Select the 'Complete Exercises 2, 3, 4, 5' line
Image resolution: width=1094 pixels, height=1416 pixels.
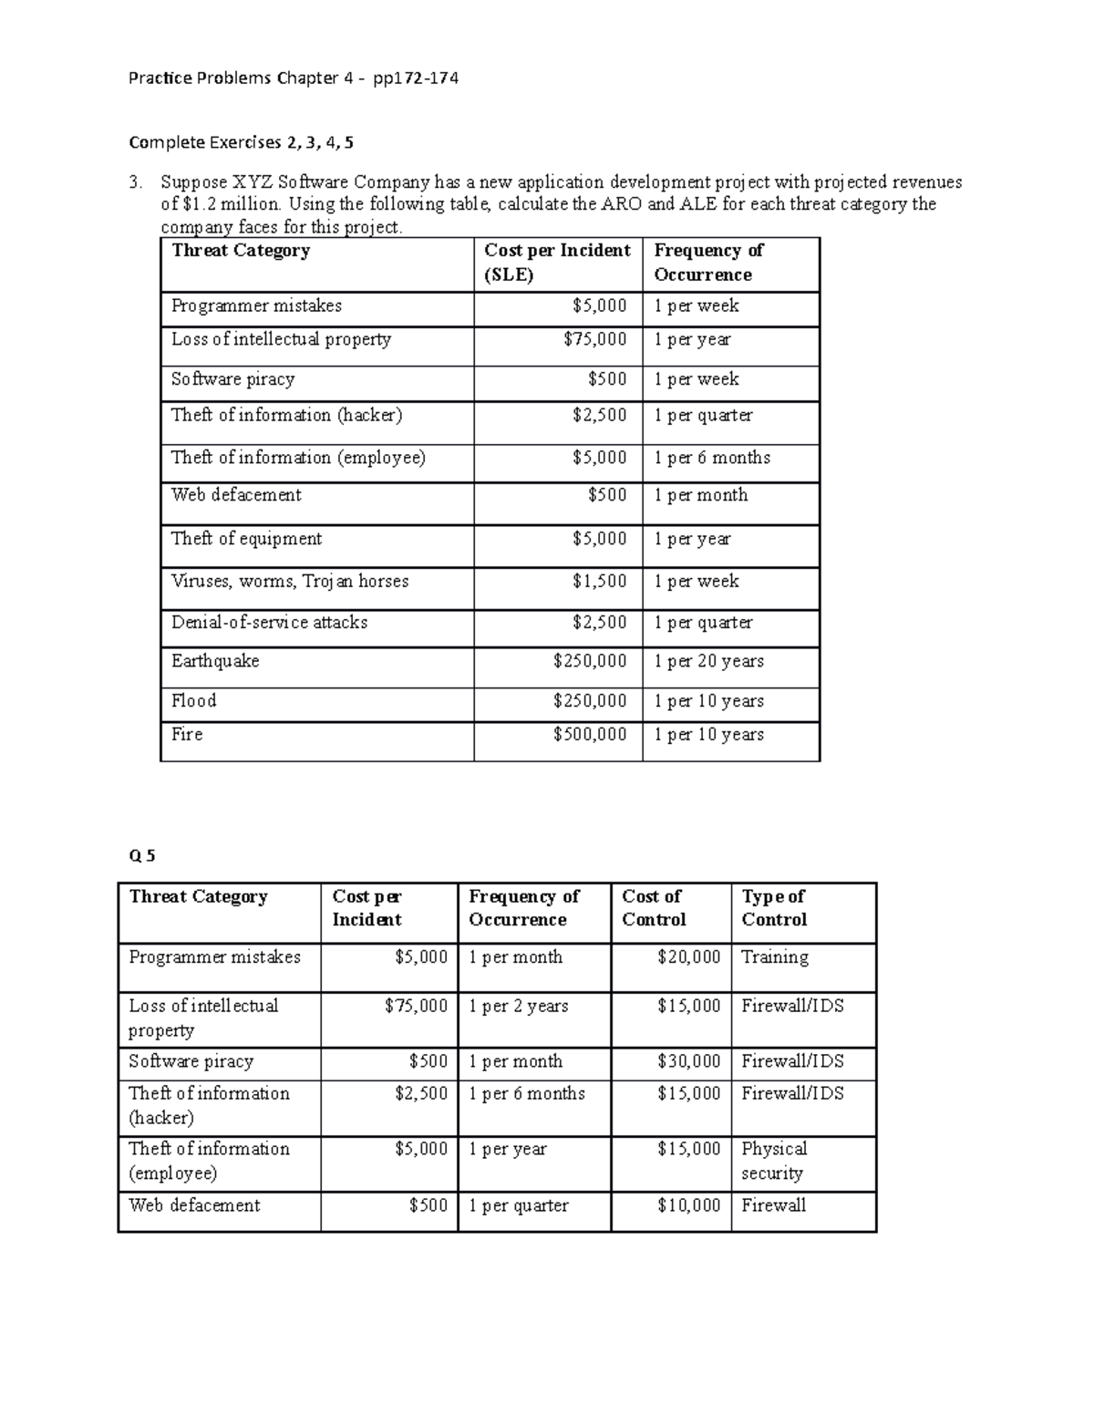241,142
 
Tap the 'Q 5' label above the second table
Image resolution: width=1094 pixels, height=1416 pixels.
142,856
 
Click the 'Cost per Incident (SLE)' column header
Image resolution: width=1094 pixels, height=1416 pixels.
557,263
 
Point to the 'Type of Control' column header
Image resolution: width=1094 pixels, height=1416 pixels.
774,908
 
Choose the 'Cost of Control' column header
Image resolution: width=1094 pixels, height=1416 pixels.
653,908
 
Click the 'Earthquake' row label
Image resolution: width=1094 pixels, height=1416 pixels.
215,661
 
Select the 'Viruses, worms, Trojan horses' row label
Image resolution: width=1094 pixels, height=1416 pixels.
290,582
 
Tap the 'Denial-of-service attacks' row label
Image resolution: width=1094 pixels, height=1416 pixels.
269,623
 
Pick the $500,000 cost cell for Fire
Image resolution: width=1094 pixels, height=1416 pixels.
590,735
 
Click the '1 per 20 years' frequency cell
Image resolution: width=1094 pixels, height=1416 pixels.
708,662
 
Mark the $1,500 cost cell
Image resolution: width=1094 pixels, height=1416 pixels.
599,582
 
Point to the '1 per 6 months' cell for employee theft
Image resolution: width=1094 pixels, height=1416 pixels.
711,458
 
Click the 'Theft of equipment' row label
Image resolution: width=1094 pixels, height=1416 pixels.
246,539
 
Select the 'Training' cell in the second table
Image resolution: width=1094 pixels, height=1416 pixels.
774,957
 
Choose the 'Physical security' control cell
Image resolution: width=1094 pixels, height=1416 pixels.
773,1161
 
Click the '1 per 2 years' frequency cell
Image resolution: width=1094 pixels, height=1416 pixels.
518,1006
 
